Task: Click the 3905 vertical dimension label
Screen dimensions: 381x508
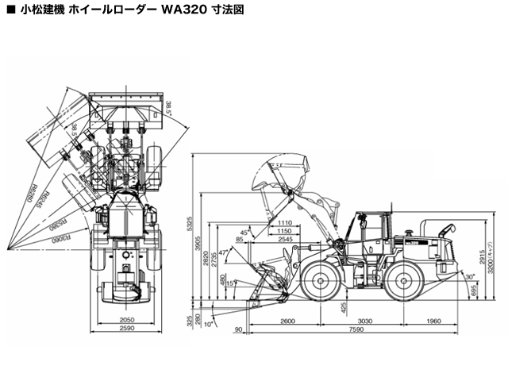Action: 200,247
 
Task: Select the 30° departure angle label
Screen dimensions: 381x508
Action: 470,277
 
